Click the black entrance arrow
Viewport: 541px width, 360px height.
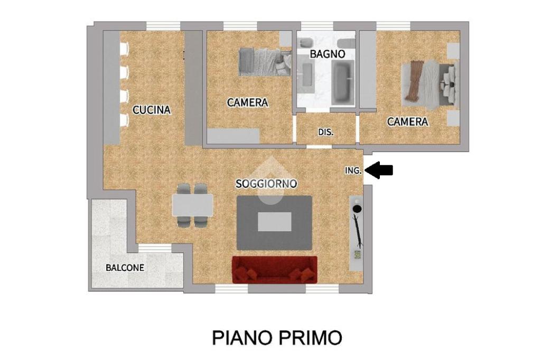click(x=378, y=170)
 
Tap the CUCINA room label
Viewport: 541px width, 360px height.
click(x=152, y=110)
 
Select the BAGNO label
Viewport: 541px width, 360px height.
click(x=327, y=54)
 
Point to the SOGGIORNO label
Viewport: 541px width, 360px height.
click(x=266, y=184)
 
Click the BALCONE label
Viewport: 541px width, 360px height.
click(x=125, y=268)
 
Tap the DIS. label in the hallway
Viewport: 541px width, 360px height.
click(x=325, y=132)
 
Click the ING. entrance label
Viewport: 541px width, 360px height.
click(x=353, y=170)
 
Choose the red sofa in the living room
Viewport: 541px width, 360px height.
click(x=275, y=269)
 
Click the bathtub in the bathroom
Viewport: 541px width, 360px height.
click(x=343, y=82)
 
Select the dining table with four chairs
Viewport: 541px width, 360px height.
click(x=192, y=205)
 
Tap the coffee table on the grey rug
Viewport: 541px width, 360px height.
click(x=275, y=222)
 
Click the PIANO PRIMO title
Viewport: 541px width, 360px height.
click(x=277, y=338)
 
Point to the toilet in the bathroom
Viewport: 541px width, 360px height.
click(x=306, y=43)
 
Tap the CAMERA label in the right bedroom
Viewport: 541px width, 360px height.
click(x=407, y=122)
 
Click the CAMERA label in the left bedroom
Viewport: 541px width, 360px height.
click(x=247, y=103)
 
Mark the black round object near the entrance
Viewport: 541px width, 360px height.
click(x=357, y=209)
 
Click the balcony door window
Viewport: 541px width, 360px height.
click(x=155, y=248)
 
